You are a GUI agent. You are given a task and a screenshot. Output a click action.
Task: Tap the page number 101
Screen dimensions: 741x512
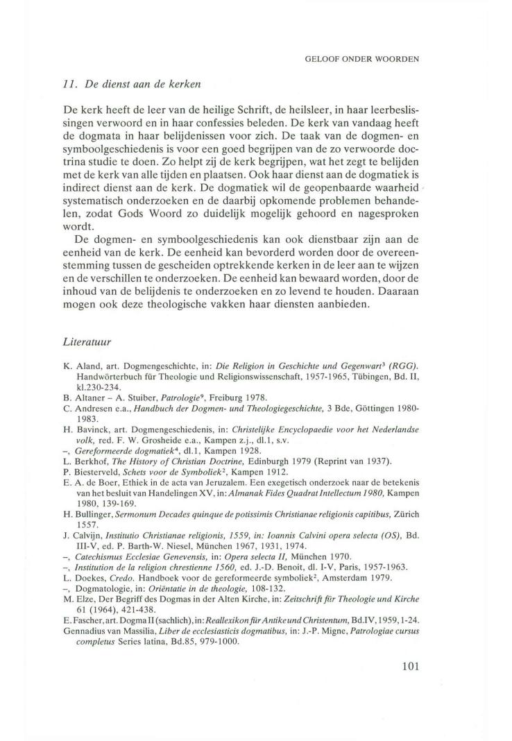(x=411, y=669)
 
